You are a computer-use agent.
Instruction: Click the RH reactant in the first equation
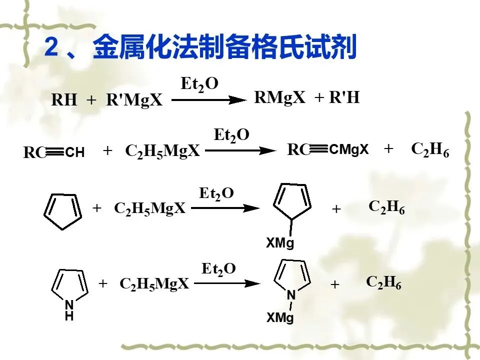tap(64, 100)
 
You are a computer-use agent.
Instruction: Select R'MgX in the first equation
tap(134, 100)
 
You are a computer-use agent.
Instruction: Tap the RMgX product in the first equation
tap(279, 97)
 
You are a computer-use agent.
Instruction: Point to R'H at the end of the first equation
tap(344, 97)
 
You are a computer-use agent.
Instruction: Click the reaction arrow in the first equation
tap(209, 100)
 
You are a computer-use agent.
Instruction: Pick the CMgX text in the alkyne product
tap(349, 149)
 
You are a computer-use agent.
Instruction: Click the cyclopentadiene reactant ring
tap(62, 211)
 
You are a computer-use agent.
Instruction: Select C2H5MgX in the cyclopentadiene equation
tap(150, 208)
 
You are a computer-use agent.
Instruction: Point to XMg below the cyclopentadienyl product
tap(280, 243)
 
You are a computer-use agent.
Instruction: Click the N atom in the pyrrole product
tap(291, 296)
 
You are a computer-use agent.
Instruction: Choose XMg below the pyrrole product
tap(280, 318)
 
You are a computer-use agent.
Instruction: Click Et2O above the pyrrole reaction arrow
tap(218, 269)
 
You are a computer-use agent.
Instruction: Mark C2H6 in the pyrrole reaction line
tap(384, 282)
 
